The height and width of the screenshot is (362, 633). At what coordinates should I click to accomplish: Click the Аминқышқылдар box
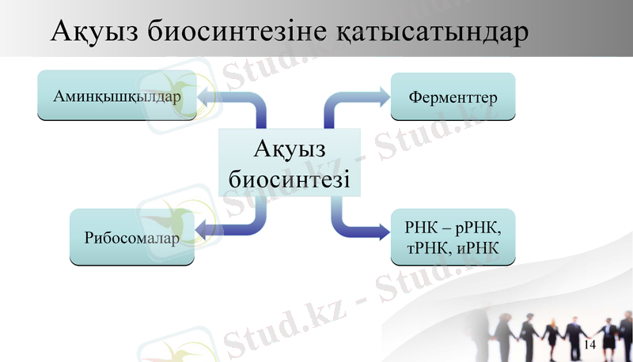pos(118,96)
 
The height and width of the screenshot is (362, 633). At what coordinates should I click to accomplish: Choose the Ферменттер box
pos(453,97)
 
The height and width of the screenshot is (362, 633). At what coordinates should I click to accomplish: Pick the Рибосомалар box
pos(131,237)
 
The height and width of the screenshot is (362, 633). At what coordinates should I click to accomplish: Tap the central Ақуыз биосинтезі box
pos(290,164)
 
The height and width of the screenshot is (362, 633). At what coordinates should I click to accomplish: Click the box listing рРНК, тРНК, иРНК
pos(453,237)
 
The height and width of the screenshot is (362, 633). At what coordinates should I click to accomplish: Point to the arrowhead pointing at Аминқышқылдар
pos(207,96)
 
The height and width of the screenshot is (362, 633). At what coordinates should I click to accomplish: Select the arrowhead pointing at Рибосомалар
pos(203,231)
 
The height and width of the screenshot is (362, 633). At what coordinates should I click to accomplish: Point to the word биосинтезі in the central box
pos(290,178)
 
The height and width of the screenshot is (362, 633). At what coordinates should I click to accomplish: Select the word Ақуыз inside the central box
pos(290,149)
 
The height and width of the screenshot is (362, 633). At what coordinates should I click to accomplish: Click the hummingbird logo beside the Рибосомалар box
pos(171,213)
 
